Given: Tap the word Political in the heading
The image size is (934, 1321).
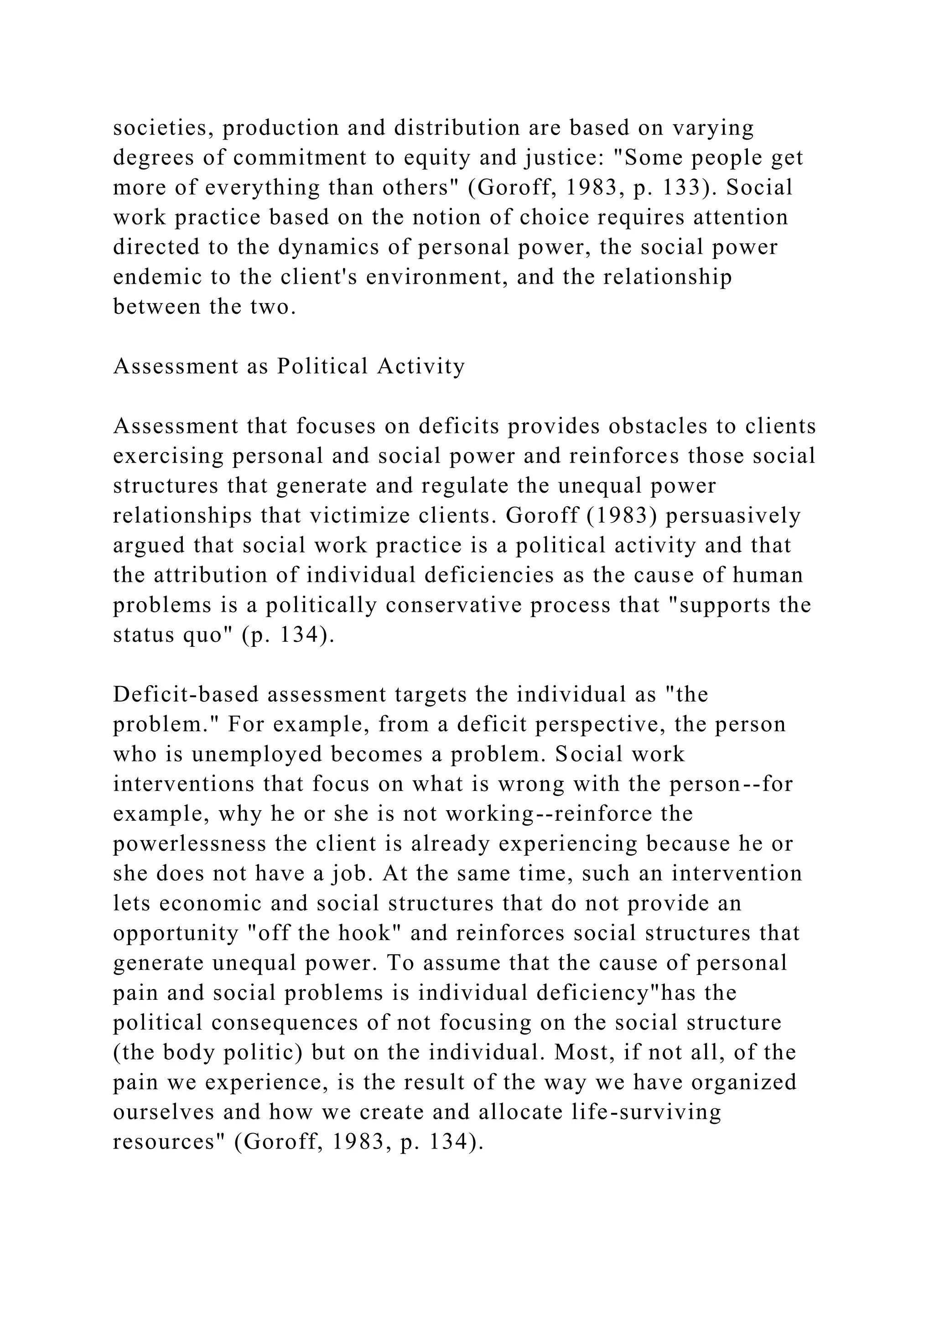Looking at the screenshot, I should [322, 366].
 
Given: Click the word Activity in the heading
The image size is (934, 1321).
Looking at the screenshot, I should [421, 366].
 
